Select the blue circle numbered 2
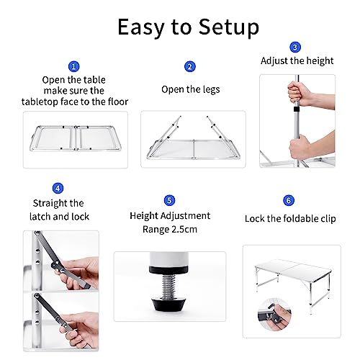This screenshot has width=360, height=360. pyautogui.click(x=189, y=66)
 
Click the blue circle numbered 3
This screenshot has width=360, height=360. pyautogui.click(x=294, y=47)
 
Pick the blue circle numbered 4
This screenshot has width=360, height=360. pyautogui.click(x=58, y=189)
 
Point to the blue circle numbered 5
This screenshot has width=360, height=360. pyautogui.click(x=169, y=200)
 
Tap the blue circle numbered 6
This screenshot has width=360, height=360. pyautogui.click(x=289, y=200)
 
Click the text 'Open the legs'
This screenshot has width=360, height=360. pyautogui.click(x=189, y=89)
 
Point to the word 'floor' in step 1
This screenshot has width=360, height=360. pyautogui.click(x=117, y=102)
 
